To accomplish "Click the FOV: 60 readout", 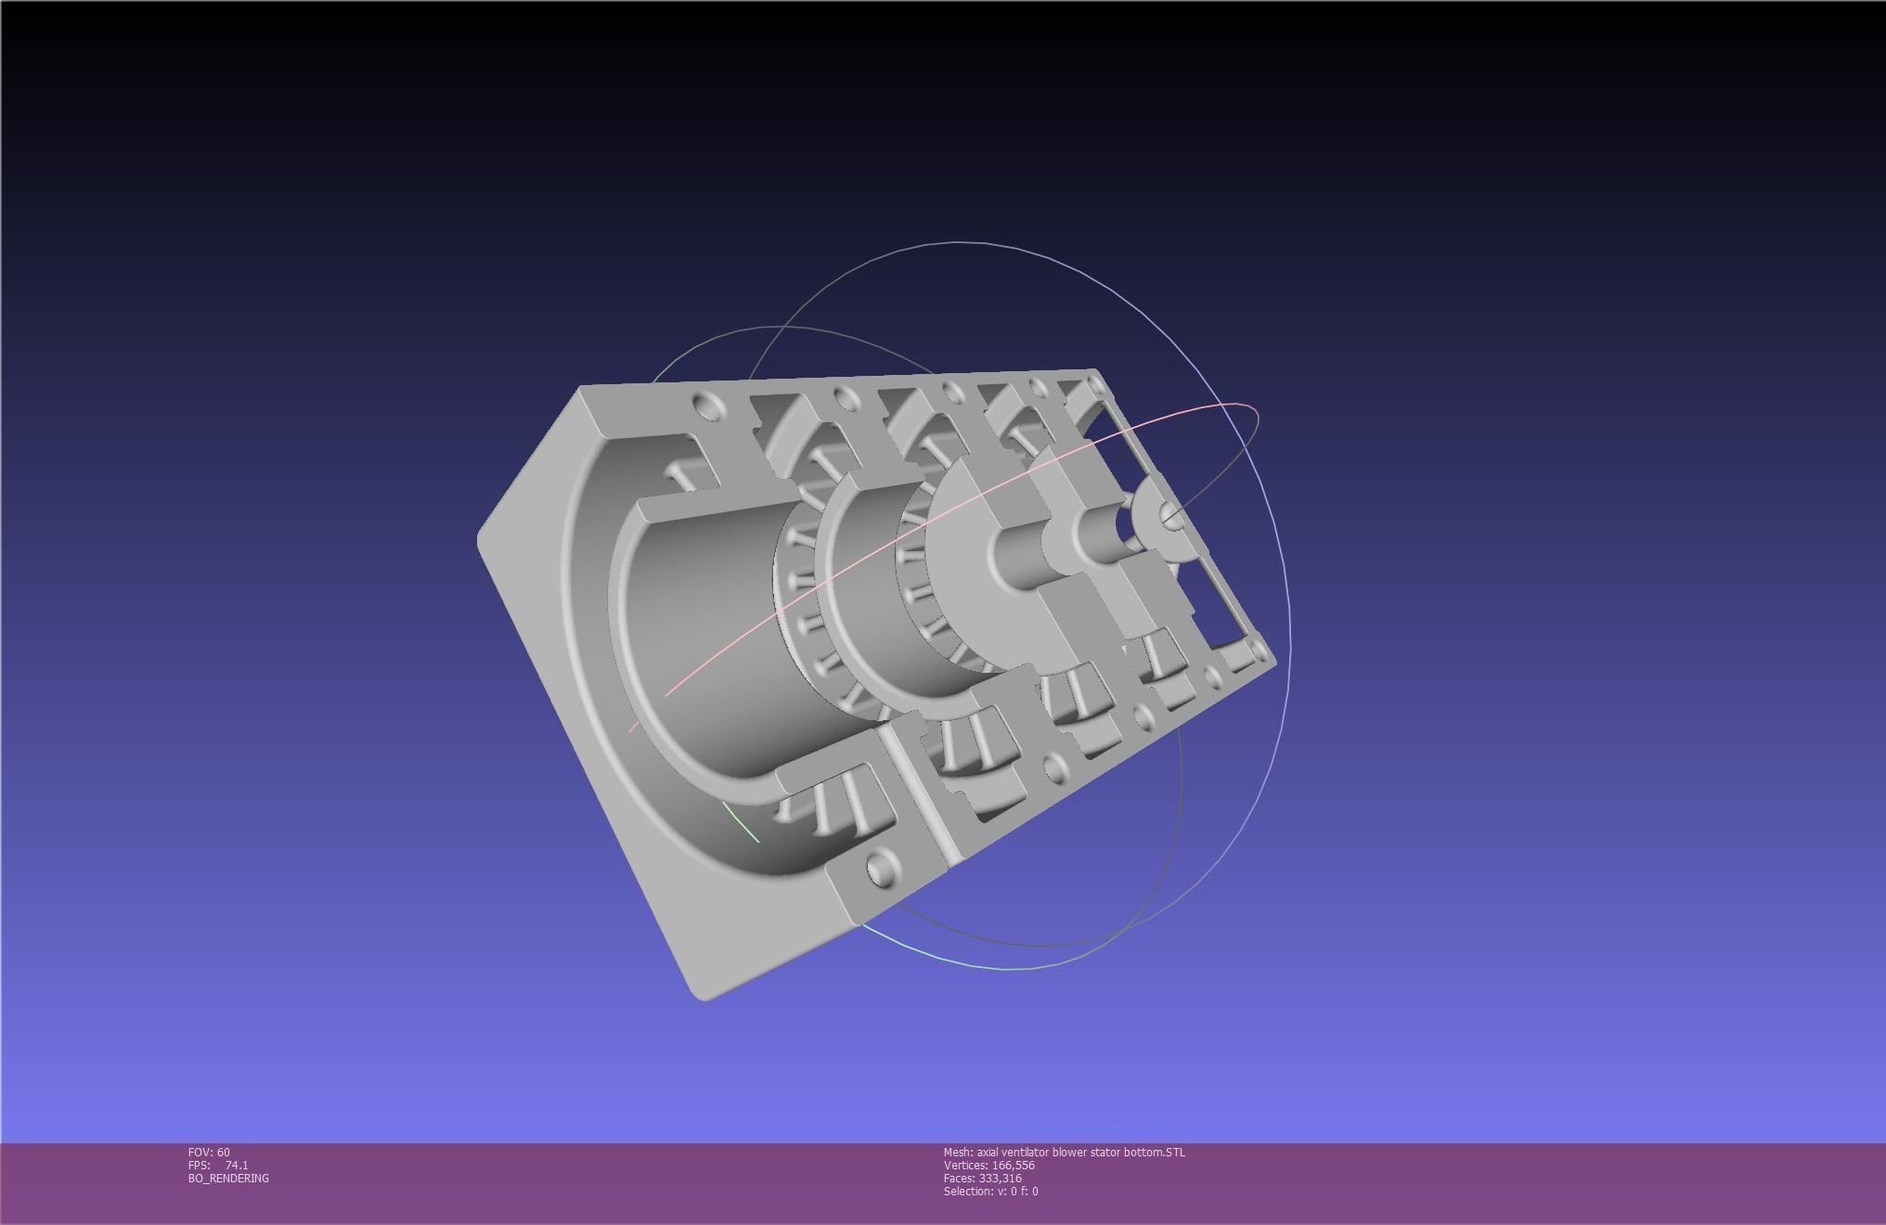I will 209,1152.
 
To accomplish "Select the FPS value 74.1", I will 236,1165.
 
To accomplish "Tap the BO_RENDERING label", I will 228,1178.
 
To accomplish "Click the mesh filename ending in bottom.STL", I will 1064,1152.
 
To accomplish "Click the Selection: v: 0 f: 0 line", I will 990,1191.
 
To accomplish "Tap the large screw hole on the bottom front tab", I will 878,868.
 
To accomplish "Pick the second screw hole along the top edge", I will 844,399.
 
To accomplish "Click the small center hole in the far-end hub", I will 1172,521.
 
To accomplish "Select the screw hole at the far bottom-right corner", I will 1258,649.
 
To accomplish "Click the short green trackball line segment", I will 742,823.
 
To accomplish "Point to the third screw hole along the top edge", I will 950,391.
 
